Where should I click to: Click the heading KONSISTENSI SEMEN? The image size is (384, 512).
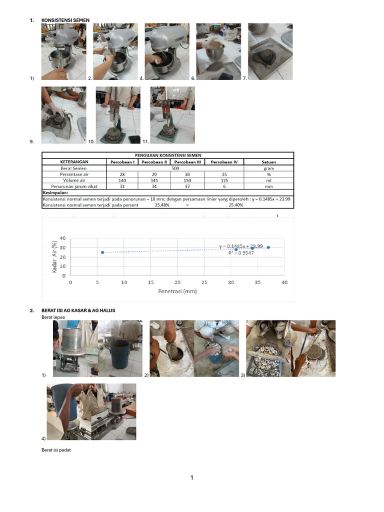(x=65, y=20)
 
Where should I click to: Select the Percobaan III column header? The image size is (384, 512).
(x=184, y=162)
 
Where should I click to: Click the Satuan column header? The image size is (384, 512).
(x=268, y=162)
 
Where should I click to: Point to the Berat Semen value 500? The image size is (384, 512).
(x=175, y=168)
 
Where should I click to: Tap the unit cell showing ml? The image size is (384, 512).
(x=268, y=180)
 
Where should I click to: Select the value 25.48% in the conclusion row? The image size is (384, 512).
(x=162, y=204)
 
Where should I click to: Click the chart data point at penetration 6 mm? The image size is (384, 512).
(x=102, y=252)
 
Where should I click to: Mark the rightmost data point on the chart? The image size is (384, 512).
(x=268, y=247)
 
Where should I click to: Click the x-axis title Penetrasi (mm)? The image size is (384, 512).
(x=177, y=291)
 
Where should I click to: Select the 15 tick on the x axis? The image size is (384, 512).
(x=150, y=282)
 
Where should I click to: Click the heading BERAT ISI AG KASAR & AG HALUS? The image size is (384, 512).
(x=78, y=310)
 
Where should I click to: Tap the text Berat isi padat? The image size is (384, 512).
(x=56, y=450)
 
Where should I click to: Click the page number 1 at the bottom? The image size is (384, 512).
(x=191, y=478)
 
